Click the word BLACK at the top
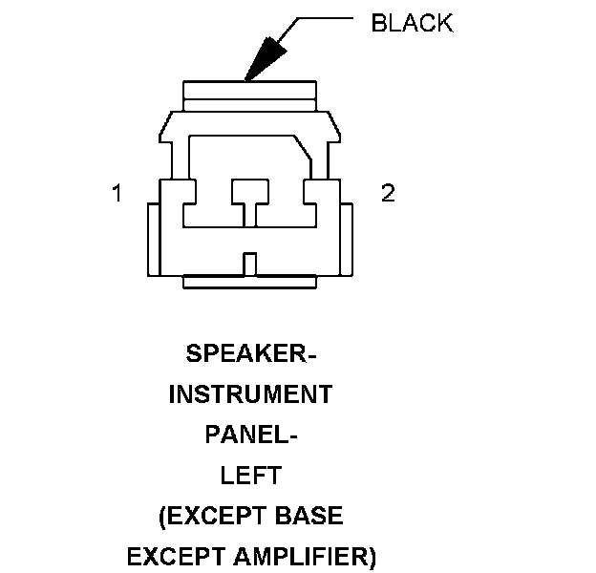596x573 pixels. coord(412,24)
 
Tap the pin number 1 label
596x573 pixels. coord(117,194)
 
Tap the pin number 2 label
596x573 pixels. coord(388,193)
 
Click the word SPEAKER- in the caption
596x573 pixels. coord(249,353)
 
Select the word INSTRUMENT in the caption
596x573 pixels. coord(250,394)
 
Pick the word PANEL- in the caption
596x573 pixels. coord(251,435)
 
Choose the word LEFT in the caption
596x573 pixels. coord(250,476)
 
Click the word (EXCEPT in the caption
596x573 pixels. coord(205,517)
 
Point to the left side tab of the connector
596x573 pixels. coord(152,239)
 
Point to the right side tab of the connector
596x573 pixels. coord(347,239)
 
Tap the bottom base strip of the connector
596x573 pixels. coord(249,283)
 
